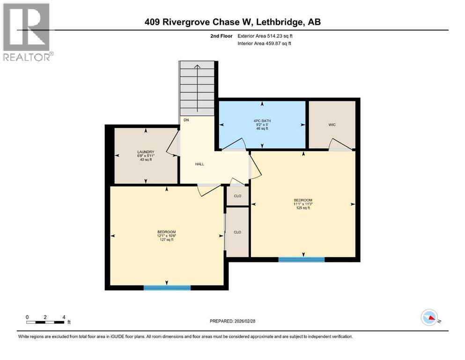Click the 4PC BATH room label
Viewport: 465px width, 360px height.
tap(266, 120)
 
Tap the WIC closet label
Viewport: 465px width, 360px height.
tap(332, 124)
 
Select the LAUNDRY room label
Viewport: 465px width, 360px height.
tap(146, 152)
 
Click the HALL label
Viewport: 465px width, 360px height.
tap(199, 164)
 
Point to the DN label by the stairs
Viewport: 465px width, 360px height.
tap(186, 120)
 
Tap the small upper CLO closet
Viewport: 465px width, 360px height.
tap(237, 195)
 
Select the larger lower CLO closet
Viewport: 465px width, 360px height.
tap(237, 232)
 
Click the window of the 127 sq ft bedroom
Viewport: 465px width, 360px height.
tap(167, 287)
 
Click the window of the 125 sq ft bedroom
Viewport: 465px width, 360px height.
tap(302, 259)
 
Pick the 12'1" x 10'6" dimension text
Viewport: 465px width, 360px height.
tap(166, 236)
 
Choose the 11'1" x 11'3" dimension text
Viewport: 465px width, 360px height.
tap(303, 204)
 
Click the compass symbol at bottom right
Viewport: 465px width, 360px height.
tap(429, 317)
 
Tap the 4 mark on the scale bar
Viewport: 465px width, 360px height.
tap(63, 317)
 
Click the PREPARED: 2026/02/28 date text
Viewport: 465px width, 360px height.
tap(232, 321)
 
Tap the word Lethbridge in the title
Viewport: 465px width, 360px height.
tap(280, 22)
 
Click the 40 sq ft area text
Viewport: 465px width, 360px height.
tap(146, 160)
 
